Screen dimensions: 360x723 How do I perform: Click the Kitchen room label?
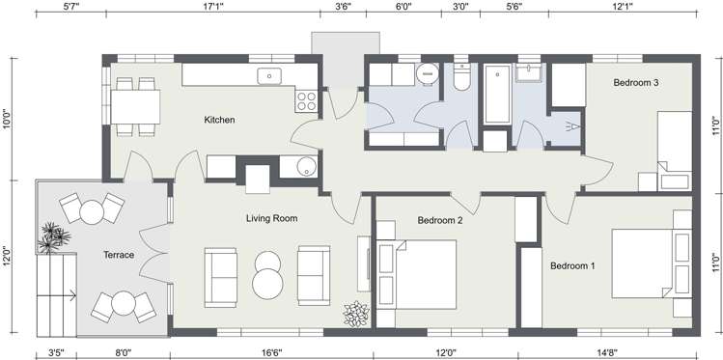219,121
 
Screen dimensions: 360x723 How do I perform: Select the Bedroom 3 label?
635,83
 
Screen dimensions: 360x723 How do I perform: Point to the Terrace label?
119,256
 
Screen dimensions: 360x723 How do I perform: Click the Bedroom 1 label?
572,265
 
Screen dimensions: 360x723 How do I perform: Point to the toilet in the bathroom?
461,78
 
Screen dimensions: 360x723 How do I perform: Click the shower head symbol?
572,125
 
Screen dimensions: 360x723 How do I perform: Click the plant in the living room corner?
356,314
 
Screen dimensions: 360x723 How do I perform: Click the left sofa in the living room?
220,276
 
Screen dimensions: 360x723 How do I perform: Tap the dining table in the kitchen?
135,105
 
